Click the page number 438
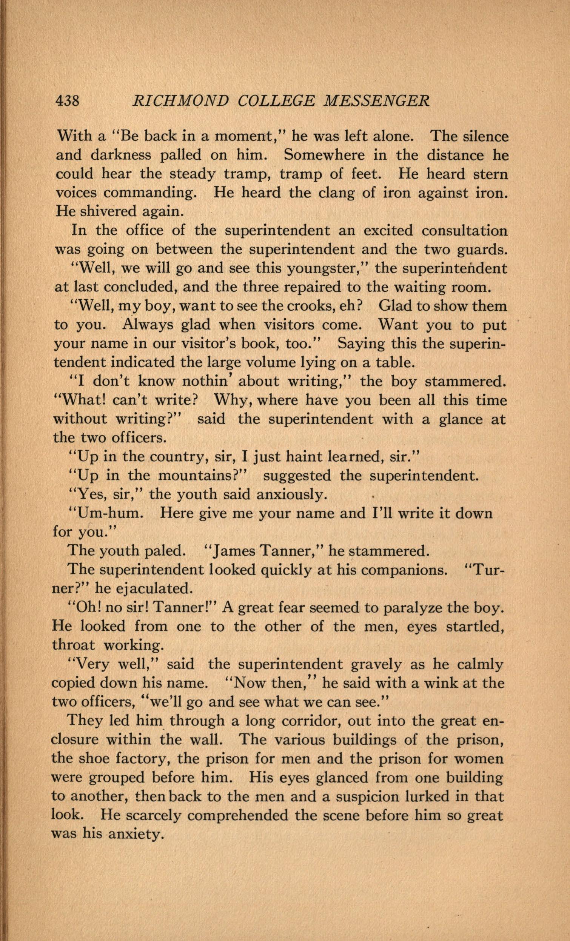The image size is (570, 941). (x=68, y=101)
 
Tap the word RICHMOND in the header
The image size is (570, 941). (x=180, y=101)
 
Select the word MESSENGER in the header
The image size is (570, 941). (x=377, y=101)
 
